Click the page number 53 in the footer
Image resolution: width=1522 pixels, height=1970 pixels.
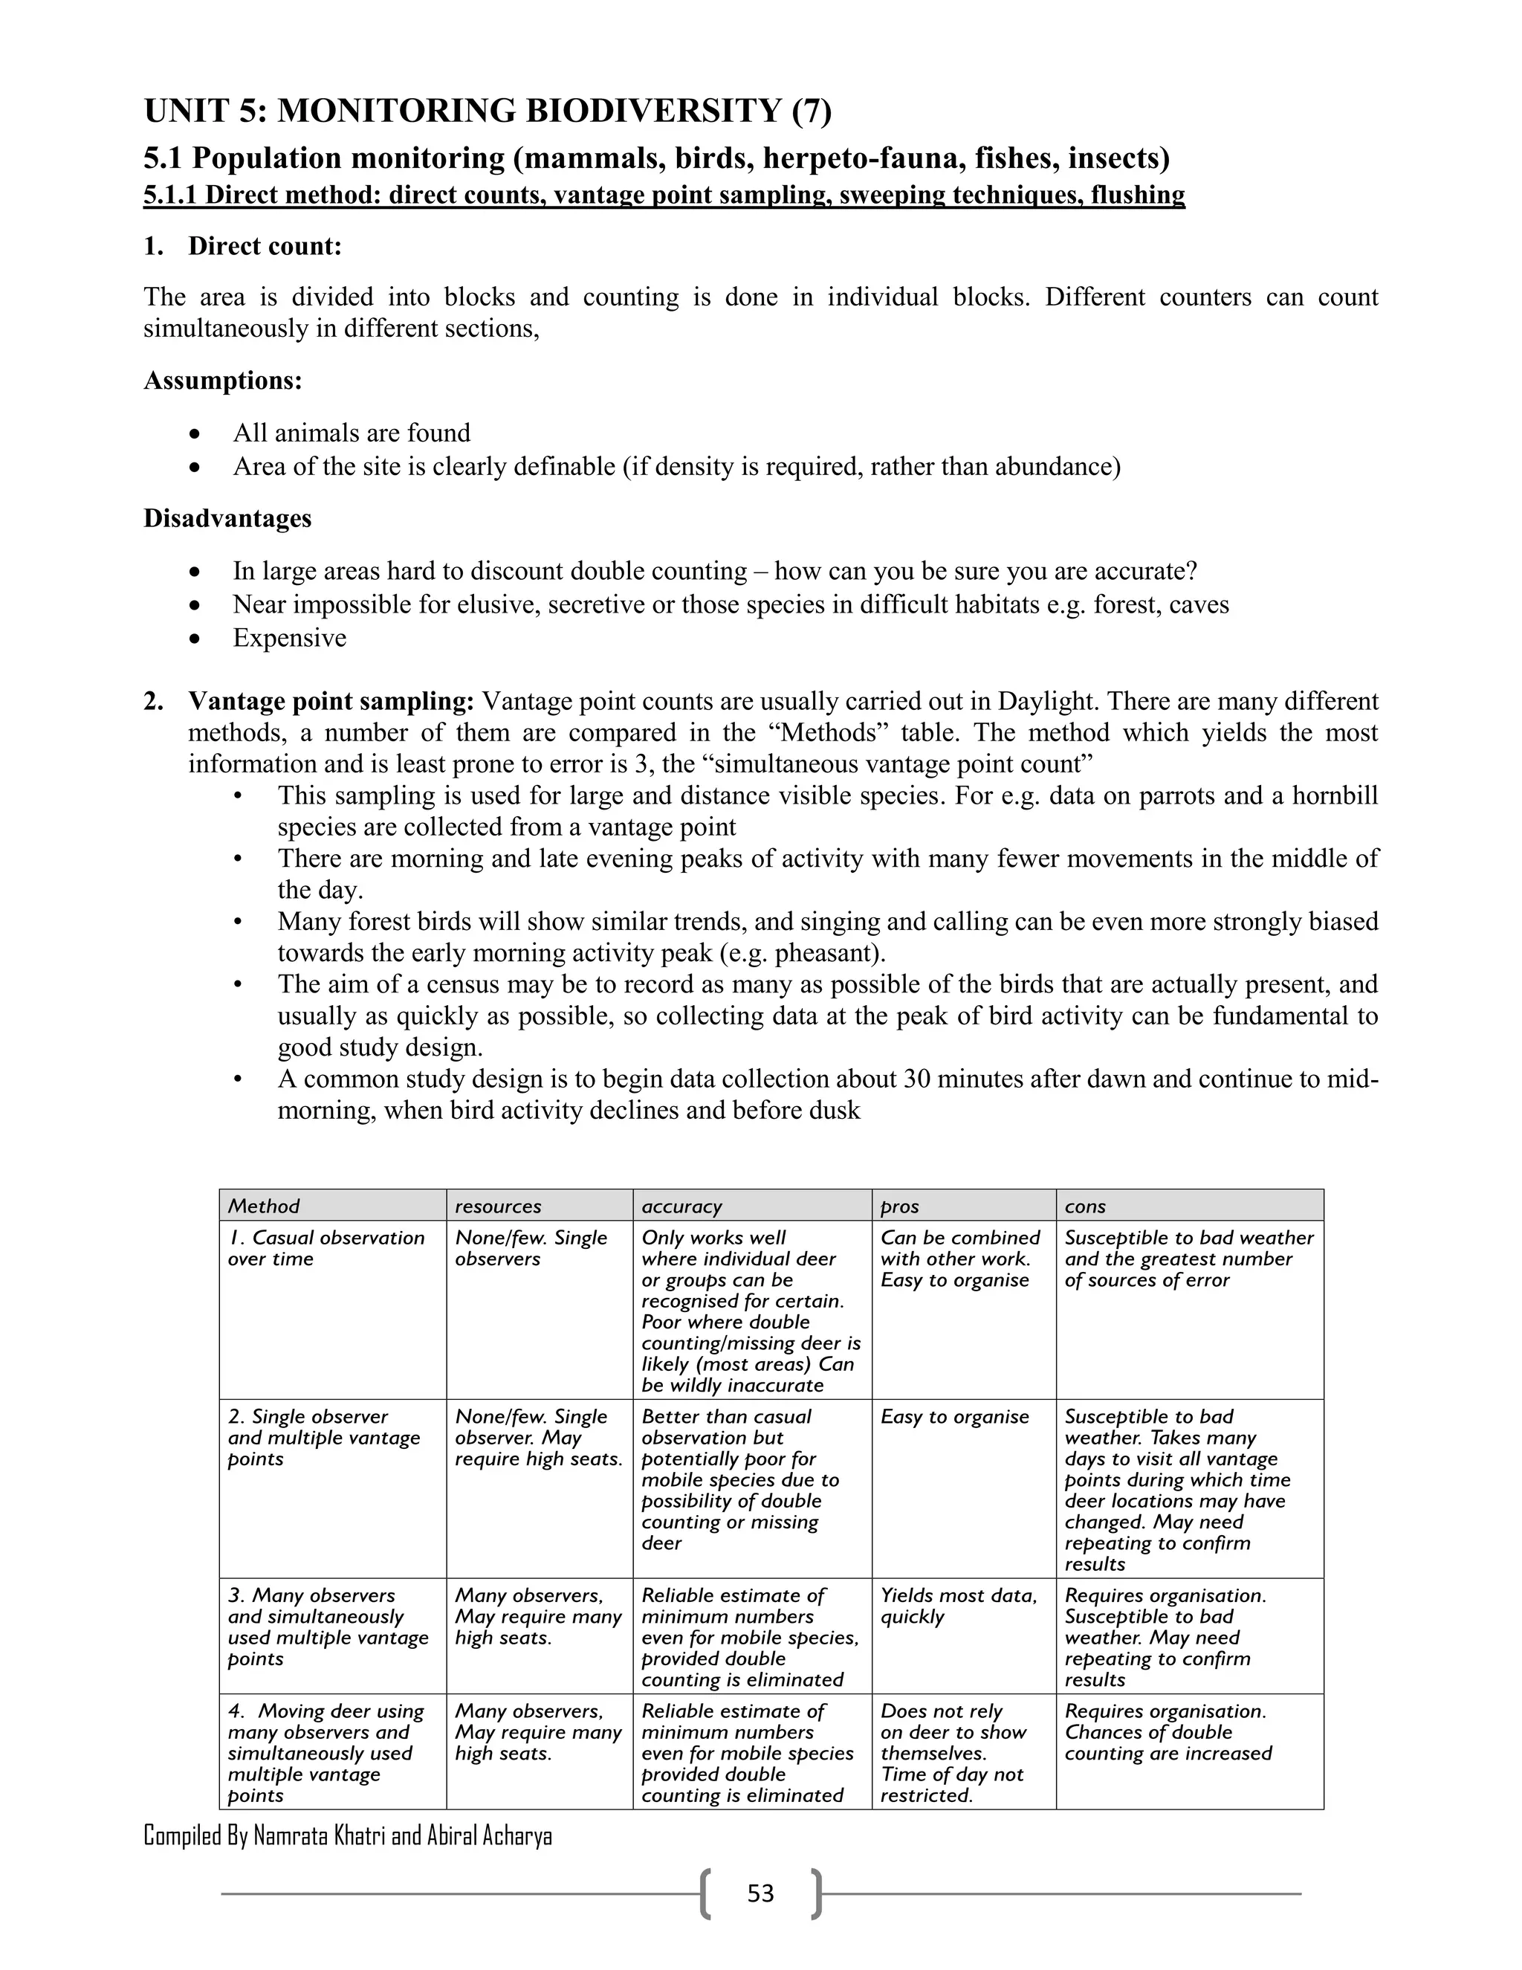point(760,1893)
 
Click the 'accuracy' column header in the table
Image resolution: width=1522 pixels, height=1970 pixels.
point(681,1206)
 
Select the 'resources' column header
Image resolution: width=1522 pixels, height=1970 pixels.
point(498,1206)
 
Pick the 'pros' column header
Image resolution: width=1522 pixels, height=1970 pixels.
point(899,1206)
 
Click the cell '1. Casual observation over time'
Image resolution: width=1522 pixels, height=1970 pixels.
point(326,1248)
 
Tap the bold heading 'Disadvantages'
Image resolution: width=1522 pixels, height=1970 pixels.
point(227,519)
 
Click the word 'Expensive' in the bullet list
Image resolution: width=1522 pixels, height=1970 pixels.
point(289,638)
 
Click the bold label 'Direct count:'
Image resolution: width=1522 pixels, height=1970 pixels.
point(265,246)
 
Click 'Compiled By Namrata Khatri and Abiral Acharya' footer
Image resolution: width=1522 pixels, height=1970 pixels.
point(347,1835)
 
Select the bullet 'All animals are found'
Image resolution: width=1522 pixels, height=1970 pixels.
point(352,433)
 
